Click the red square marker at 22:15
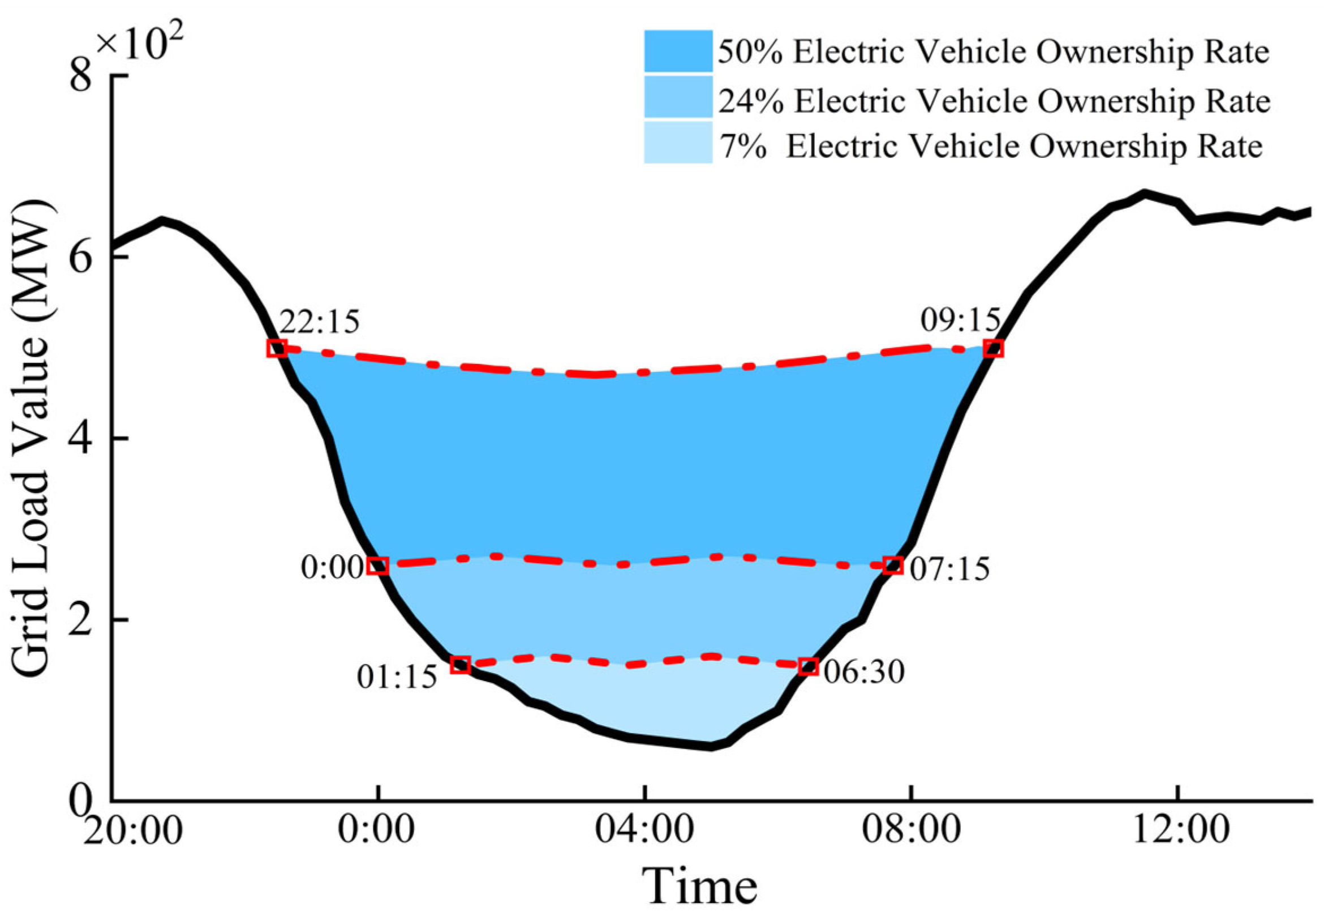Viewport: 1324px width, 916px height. coord(277,348)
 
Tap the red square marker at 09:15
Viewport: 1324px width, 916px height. coord(993,348)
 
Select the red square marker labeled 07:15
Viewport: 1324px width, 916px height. coord(893,566)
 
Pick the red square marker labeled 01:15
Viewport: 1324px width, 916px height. coord(460,665)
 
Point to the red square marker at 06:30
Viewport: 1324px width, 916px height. coord(809,666)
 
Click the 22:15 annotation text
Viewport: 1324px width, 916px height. coord(319,322)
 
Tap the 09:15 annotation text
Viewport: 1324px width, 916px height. coord(960,320)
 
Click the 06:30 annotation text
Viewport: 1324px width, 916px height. coord(864,671)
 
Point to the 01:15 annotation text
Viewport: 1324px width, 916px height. coord(397,677)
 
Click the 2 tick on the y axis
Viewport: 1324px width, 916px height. coord(81,622)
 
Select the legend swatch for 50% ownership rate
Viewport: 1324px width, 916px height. coord(677,51)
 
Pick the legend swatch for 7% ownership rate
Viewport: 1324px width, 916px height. coord(677,142)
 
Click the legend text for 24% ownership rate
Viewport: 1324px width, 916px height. coord(994,101)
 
